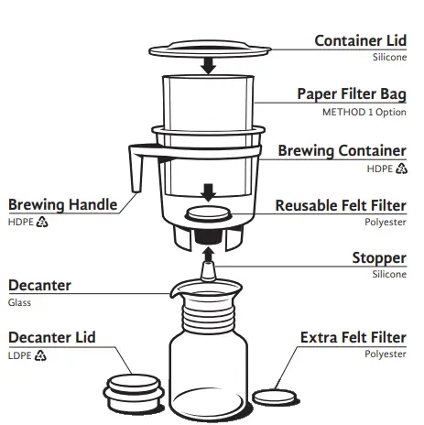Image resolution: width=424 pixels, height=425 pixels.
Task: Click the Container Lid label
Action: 360,40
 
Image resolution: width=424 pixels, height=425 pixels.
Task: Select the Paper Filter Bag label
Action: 352,94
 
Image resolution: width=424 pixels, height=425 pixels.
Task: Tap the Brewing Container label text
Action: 342,150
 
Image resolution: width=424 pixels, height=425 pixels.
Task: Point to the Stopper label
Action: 379,258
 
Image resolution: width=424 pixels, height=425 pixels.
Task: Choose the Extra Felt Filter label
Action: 353,337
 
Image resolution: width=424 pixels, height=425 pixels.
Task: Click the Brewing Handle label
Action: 62,204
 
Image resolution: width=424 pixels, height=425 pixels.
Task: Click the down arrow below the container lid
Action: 210,65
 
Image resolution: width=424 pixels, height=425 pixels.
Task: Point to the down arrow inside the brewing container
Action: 210,191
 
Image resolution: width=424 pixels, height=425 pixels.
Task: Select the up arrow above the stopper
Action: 210,249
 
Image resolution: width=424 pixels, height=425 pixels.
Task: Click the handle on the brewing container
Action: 136,165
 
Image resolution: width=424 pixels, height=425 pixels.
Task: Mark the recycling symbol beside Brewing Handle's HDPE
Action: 41,222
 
